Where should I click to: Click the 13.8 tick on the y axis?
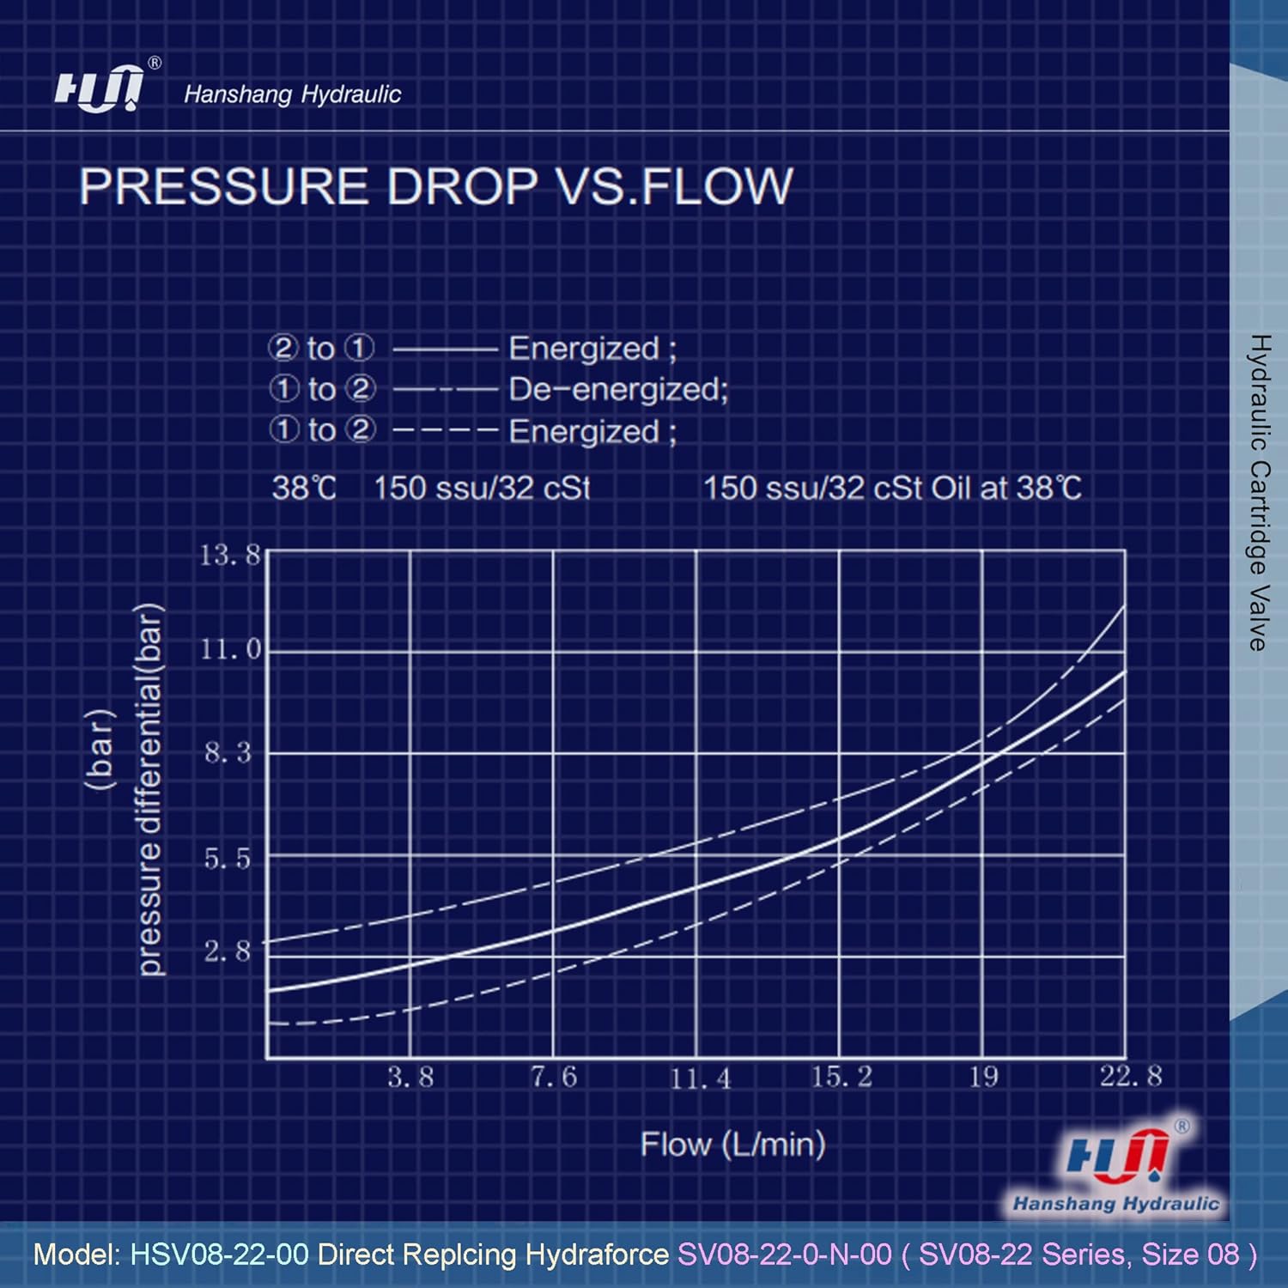tap(229, 556)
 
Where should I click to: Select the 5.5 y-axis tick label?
tap(228, 858)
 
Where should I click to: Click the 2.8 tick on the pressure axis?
tap(228, 951)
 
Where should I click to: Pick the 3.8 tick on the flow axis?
tap(410, 1077)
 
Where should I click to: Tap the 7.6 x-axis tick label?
tap(554, 1077)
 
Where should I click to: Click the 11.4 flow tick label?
tap(700, 1078)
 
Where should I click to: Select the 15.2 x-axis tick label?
tap(841, 1077)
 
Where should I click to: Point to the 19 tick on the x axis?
tap(984, 1077)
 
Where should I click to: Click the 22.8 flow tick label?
tap(1131, 1076)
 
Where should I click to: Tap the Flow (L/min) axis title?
tap(733, 1144)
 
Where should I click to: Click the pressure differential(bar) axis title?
tap(149, 790)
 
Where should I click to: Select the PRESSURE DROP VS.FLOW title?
tap(435, 186)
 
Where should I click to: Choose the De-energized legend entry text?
tap(618, 390)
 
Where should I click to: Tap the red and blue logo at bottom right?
tap(1116, 1165)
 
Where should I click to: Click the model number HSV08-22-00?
tap(219, 1255)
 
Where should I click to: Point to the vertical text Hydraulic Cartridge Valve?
tap(1258, 493)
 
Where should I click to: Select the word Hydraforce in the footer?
tap(597, 1255)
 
